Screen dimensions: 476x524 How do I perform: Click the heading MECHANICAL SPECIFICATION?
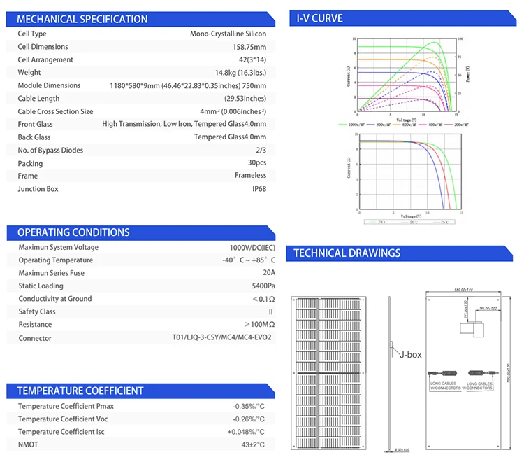[x=82, y=19]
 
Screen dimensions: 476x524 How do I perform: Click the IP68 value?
[x=258, y=189]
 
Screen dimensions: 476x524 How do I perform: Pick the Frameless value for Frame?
[x=251, y=176]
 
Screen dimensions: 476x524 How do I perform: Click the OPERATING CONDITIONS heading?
[x=73, y=232]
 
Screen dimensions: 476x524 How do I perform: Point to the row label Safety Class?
[x=37, y=311]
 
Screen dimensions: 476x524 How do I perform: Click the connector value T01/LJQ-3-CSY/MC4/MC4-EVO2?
[x=221, y=338]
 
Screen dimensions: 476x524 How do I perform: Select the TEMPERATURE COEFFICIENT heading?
[x=80, y=391]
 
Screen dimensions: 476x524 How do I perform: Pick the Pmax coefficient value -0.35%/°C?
[x=249, y=407]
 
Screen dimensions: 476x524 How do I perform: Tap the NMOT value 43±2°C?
[x=252, y=445]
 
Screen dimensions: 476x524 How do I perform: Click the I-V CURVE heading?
[x=320, y=18]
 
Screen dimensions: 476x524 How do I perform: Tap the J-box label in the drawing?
[x=411, y=355]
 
